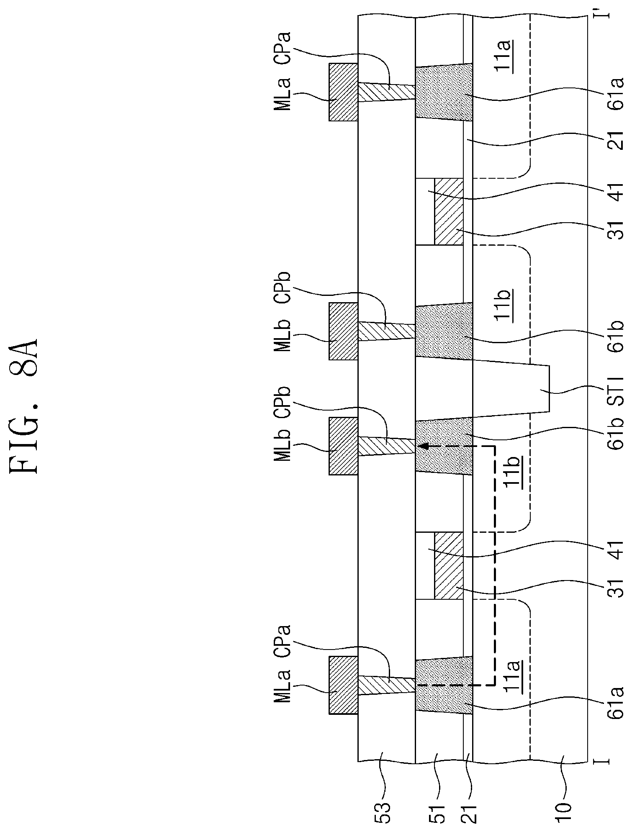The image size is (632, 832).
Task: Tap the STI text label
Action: click(x=616, y=391)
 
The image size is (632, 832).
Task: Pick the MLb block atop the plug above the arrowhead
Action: click(x=343, y=446)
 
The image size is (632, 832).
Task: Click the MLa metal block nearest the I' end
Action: click(x=343, y=92)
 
